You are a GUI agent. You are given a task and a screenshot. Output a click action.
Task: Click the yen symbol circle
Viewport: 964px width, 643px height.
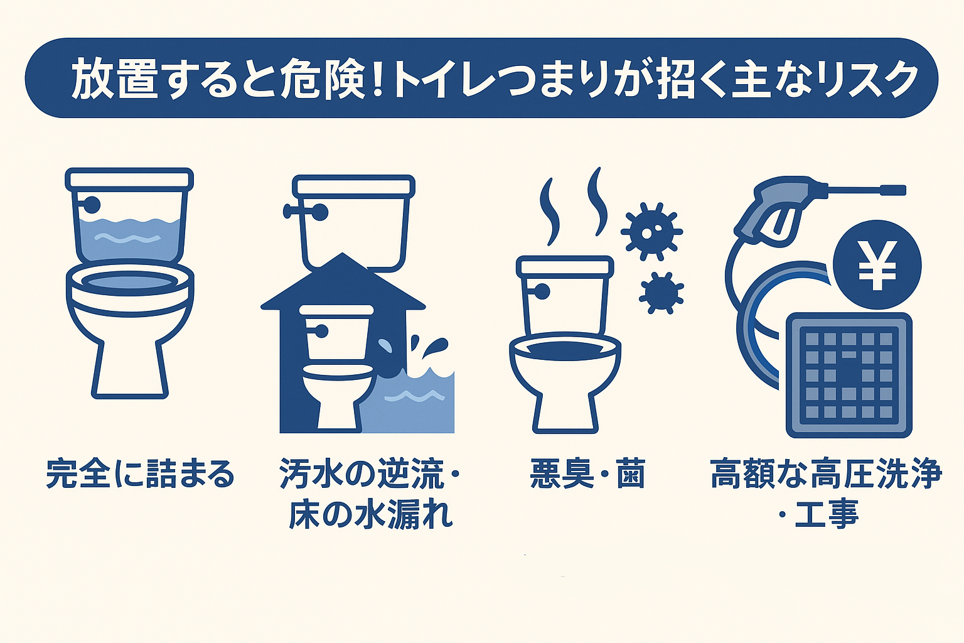(877, 265)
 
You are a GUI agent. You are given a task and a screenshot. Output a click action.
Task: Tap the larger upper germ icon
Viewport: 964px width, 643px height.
(651, 231)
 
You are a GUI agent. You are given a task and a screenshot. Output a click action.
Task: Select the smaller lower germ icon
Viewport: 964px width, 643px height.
(661, 293)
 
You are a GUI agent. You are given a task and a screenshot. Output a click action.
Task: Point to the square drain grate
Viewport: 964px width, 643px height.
(849, 375)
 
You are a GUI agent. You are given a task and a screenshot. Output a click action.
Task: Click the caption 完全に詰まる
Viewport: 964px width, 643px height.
(140, 474)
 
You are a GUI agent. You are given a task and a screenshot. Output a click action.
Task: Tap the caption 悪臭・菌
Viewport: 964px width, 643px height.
(587, 474)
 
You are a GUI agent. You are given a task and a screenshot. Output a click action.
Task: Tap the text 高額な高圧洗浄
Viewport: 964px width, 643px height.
(826, 474)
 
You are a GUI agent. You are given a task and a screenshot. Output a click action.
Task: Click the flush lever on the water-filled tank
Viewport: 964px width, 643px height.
(90, 205)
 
